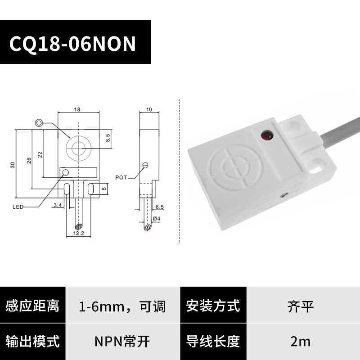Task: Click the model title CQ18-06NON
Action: (x=72, y=44)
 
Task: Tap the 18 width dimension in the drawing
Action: (x=77, y=109)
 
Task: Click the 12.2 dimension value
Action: (x=79, y=233)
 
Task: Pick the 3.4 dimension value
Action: (x=58, y=205)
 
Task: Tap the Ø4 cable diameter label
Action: (x=157, y=219)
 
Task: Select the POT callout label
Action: (x=121, y=178)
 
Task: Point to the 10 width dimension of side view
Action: (x=149, y=109)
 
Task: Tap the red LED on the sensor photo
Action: (x=265, y=134)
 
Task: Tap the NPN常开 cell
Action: (x=122, y=341)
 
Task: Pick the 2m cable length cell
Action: (x=301, y=341)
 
